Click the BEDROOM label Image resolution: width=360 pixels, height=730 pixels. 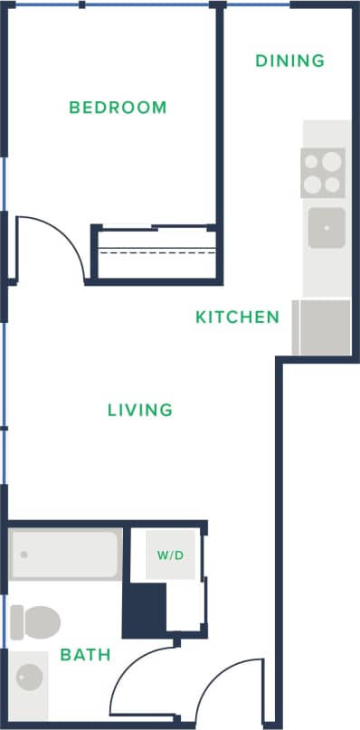pos(118,108)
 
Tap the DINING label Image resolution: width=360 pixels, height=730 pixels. pos(289,62)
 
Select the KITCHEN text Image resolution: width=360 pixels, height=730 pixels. pos(237,318)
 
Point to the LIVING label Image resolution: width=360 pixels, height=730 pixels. pos(139,410)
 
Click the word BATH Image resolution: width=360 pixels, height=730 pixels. pos(85,654)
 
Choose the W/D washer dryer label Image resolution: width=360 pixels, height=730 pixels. pos(170,555)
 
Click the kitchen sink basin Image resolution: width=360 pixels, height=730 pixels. pos(326,227)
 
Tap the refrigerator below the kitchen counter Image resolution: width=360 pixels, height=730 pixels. pos(322,327)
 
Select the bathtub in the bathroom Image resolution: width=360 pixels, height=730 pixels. pos(64,554)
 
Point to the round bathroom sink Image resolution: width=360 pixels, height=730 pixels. pos(30,676)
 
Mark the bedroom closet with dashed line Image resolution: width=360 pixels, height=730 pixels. pos(155,252)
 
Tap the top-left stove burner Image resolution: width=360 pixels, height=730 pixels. pos(313,163)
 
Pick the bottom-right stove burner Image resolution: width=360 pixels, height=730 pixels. pos(333,185)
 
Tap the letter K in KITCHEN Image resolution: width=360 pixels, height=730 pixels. pos(201,318)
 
